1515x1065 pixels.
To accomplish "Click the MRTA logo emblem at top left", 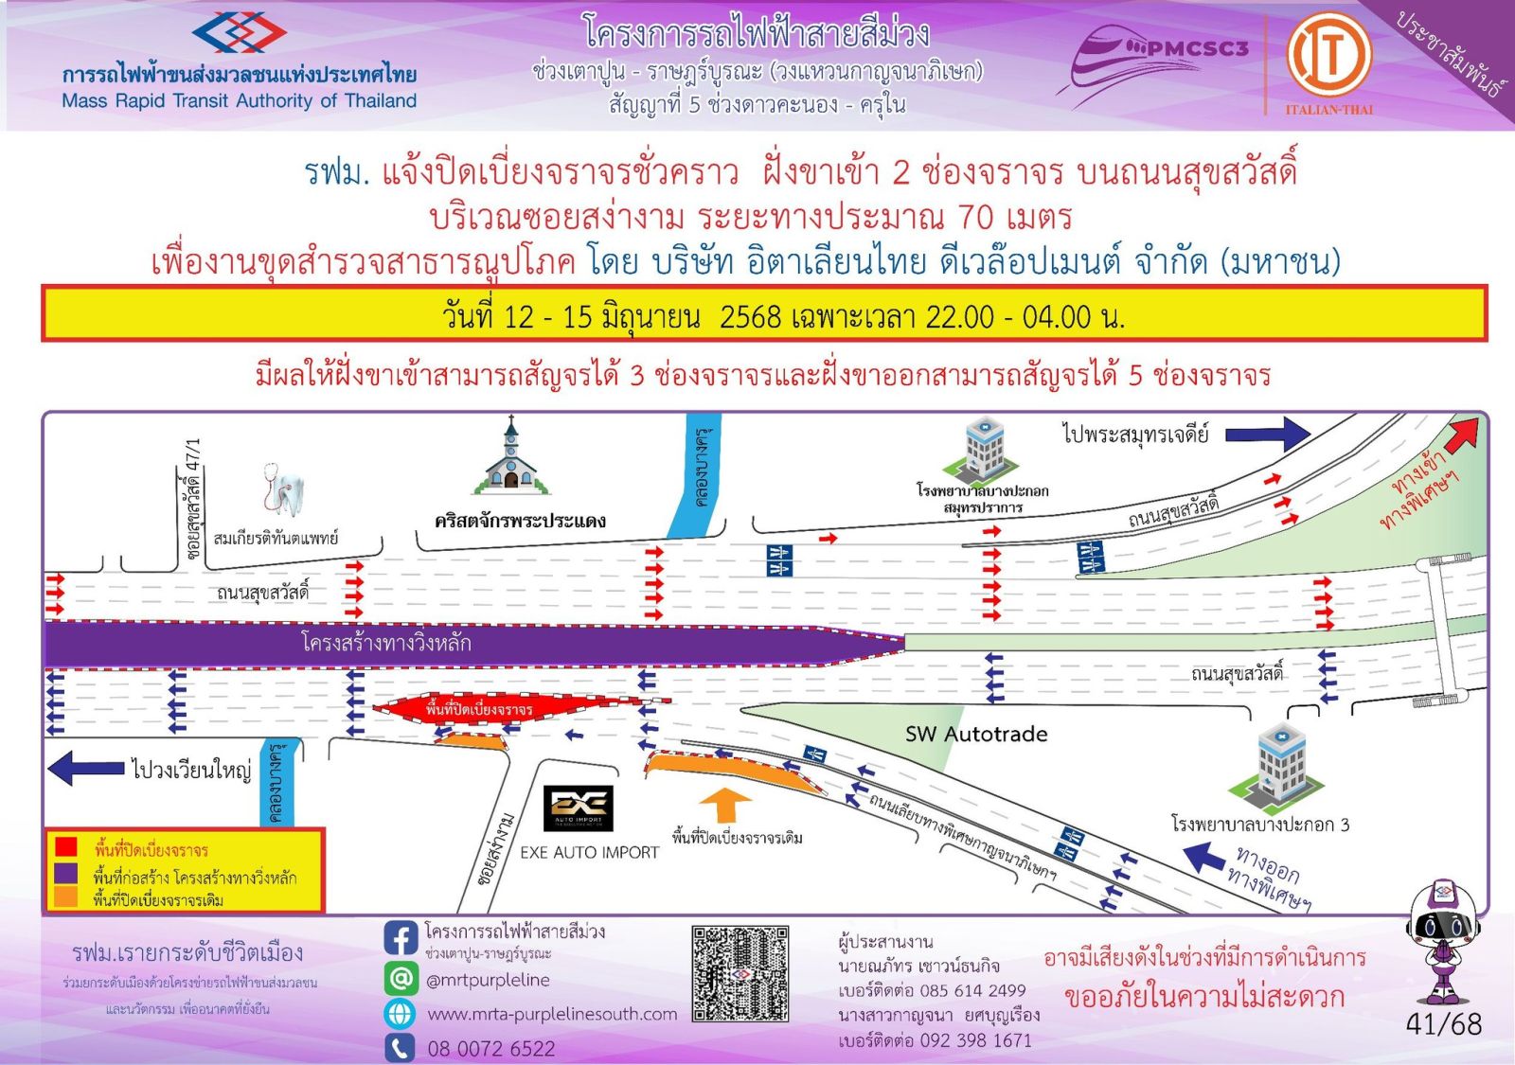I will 239,34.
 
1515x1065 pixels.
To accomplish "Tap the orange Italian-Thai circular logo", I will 1328,54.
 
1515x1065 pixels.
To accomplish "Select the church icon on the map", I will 511,458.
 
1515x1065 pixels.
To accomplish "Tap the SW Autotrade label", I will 976,734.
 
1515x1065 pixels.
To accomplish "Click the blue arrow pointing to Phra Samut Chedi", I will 1267,435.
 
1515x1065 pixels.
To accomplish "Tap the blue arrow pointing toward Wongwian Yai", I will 86,768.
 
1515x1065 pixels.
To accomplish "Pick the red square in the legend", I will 65,846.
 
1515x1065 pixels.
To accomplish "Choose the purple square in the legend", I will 65,873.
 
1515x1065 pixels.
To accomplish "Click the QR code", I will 740,974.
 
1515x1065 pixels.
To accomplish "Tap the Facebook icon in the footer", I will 401,938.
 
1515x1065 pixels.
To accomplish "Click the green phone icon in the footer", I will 401,1048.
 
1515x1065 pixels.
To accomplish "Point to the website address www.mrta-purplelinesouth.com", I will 552,1014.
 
